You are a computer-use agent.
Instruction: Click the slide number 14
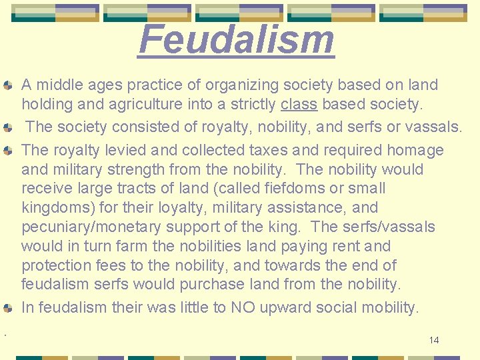pyautogui.click(x=434, y=340)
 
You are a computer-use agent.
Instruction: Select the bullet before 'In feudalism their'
pyautogui.click(x=7, y=309)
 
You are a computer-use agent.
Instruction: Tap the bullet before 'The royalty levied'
pyautogui.click(x=7, y=151)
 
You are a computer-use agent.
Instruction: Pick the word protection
pyautogui.click(x=53, y=265)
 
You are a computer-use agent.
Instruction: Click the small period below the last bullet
pyautogui.click(x=5, y=333)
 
